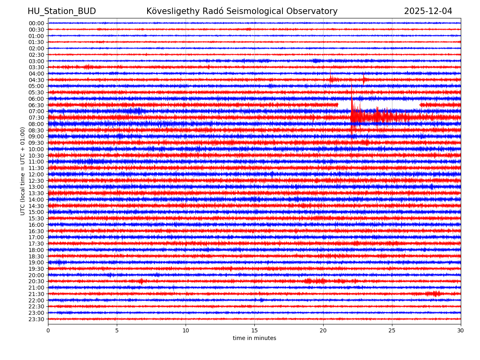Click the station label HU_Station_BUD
pos(62,11)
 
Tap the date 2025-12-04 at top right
pos(428,11)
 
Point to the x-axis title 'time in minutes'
pos(254,338)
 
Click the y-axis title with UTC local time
pos(23,171)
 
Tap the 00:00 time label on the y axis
pos(36,23)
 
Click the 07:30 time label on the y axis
pos(36,118)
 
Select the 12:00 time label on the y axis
pos(36,174)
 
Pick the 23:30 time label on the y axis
pos(36,319)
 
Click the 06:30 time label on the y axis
pos(36,105)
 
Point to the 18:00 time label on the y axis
pos(36,250)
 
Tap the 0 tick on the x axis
pos(48,330)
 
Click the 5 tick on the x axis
pos(117,330)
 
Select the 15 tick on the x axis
pos(254,330)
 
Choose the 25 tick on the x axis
pos(392,330)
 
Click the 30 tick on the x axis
pos(461,330)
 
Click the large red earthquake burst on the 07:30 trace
pos(360,117)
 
